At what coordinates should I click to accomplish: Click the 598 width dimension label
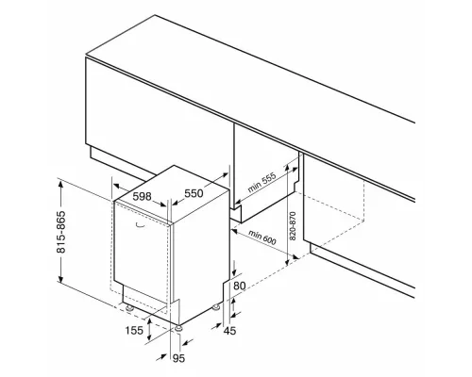pos(142,197)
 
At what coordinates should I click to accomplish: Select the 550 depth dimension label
pos(194,193)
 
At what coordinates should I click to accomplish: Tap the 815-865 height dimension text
pos(61,232)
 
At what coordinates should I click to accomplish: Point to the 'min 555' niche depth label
pos(261,182)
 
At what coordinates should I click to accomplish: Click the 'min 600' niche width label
pos(262,238)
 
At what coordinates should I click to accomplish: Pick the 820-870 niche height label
pos(293,226)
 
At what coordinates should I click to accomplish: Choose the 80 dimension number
pos(240,286)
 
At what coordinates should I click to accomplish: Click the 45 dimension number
pos(229,331)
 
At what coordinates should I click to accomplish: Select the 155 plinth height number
pos(134,331)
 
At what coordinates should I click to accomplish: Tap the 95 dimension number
pos(178,358)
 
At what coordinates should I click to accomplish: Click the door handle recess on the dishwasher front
pos(140,224)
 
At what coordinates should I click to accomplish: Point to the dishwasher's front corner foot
pos(178,328)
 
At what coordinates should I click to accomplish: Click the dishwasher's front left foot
pos(129,308)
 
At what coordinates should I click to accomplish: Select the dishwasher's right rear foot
pos(216,307)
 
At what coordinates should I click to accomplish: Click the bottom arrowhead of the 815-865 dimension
pos(60,278)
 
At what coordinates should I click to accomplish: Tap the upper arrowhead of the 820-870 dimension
pos(287,168)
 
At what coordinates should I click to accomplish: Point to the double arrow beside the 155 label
pos(149,330)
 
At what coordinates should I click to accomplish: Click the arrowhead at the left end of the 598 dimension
pos(117,186)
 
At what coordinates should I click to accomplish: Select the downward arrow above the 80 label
pos(234,269)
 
